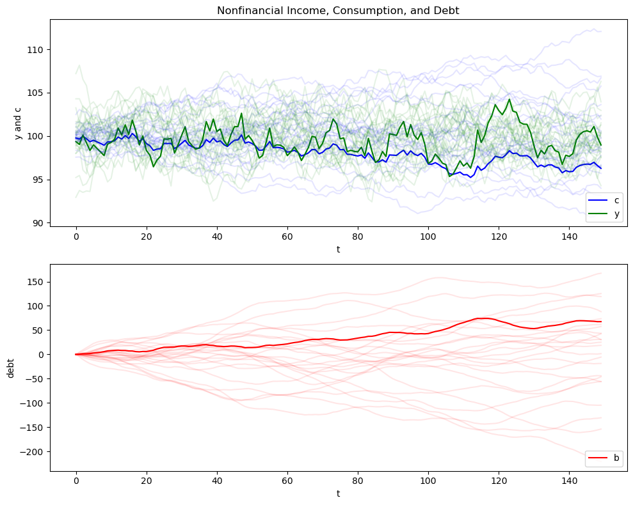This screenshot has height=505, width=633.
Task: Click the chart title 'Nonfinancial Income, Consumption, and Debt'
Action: pyautogui.click(x=338, y=10)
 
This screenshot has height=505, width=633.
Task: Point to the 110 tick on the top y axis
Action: pyautogui.click(x=36, y=50)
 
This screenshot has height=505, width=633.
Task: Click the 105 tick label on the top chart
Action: pyautogui.click(x=36, y=93)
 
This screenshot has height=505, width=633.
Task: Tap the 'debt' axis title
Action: pyautogui.click(x=10, y=367)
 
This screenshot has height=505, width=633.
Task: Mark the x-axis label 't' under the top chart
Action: pyautogui.click(x=338, y=249)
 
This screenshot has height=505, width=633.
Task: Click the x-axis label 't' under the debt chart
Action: pyautogui.click(x=338, y=493)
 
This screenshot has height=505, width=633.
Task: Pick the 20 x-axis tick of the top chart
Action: pyautogui.click(x=147, y=237)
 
